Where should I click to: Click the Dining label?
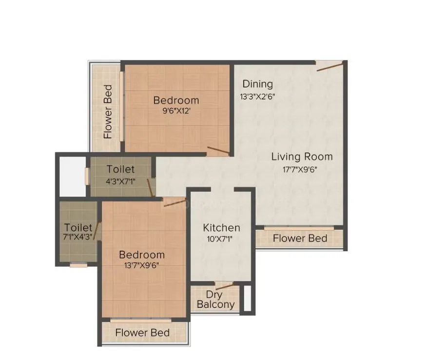click(x=257, y=84)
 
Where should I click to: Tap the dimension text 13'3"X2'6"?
click(x=257, y=96)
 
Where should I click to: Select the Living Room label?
click(x=302, y=157)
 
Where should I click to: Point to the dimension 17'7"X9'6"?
click(x=302, y=170)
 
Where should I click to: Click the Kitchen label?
click(x=221, y=228)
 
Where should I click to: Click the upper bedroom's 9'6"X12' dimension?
click(x=176, y=111)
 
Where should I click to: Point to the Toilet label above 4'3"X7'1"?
click(x=120, y=169)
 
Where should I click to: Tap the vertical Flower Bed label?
click(x=108, y=112)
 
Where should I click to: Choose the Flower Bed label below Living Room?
click(x=300, y=239)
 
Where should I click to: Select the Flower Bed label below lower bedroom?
click(x=142, y=333)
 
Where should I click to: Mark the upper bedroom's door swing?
click(x=218, y=150)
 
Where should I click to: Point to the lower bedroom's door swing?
click(x=175, y=202)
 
